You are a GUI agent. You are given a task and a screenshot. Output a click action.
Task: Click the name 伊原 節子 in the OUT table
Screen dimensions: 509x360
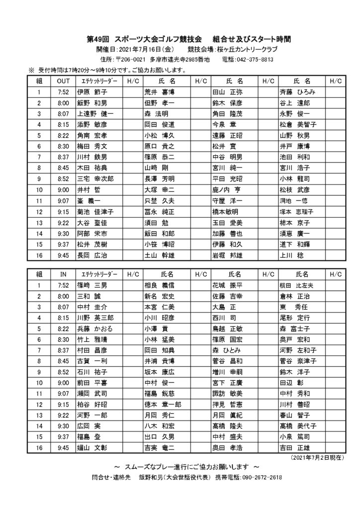coord(91,92)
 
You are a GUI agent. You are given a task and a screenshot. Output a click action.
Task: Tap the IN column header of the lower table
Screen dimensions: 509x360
coord(63,274)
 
